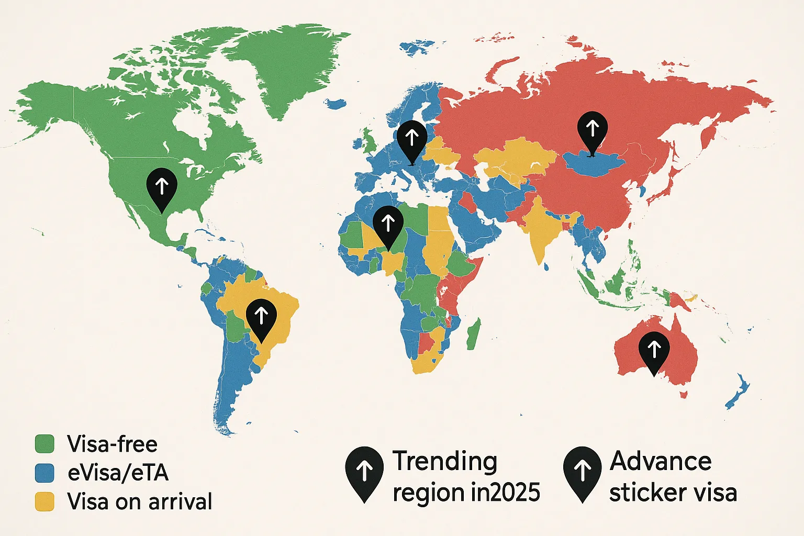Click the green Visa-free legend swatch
(44, 444)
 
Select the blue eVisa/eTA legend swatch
(44, 473)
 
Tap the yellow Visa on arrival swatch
(44, 501)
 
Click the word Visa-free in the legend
(112, 444)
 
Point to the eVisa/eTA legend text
(118, 473)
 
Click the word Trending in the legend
(445, 462)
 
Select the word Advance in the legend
(661, 462)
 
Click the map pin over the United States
(162, 188)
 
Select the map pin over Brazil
(261, 318)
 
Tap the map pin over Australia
(654, 350)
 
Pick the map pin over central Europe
(412, 139)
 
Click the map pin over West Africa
(388, 225)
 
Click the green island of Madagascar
(473, 335)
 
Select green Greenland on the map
(285, 68)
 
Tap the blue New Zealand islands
(738, 393)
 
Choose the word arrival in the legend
(181, 501)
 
